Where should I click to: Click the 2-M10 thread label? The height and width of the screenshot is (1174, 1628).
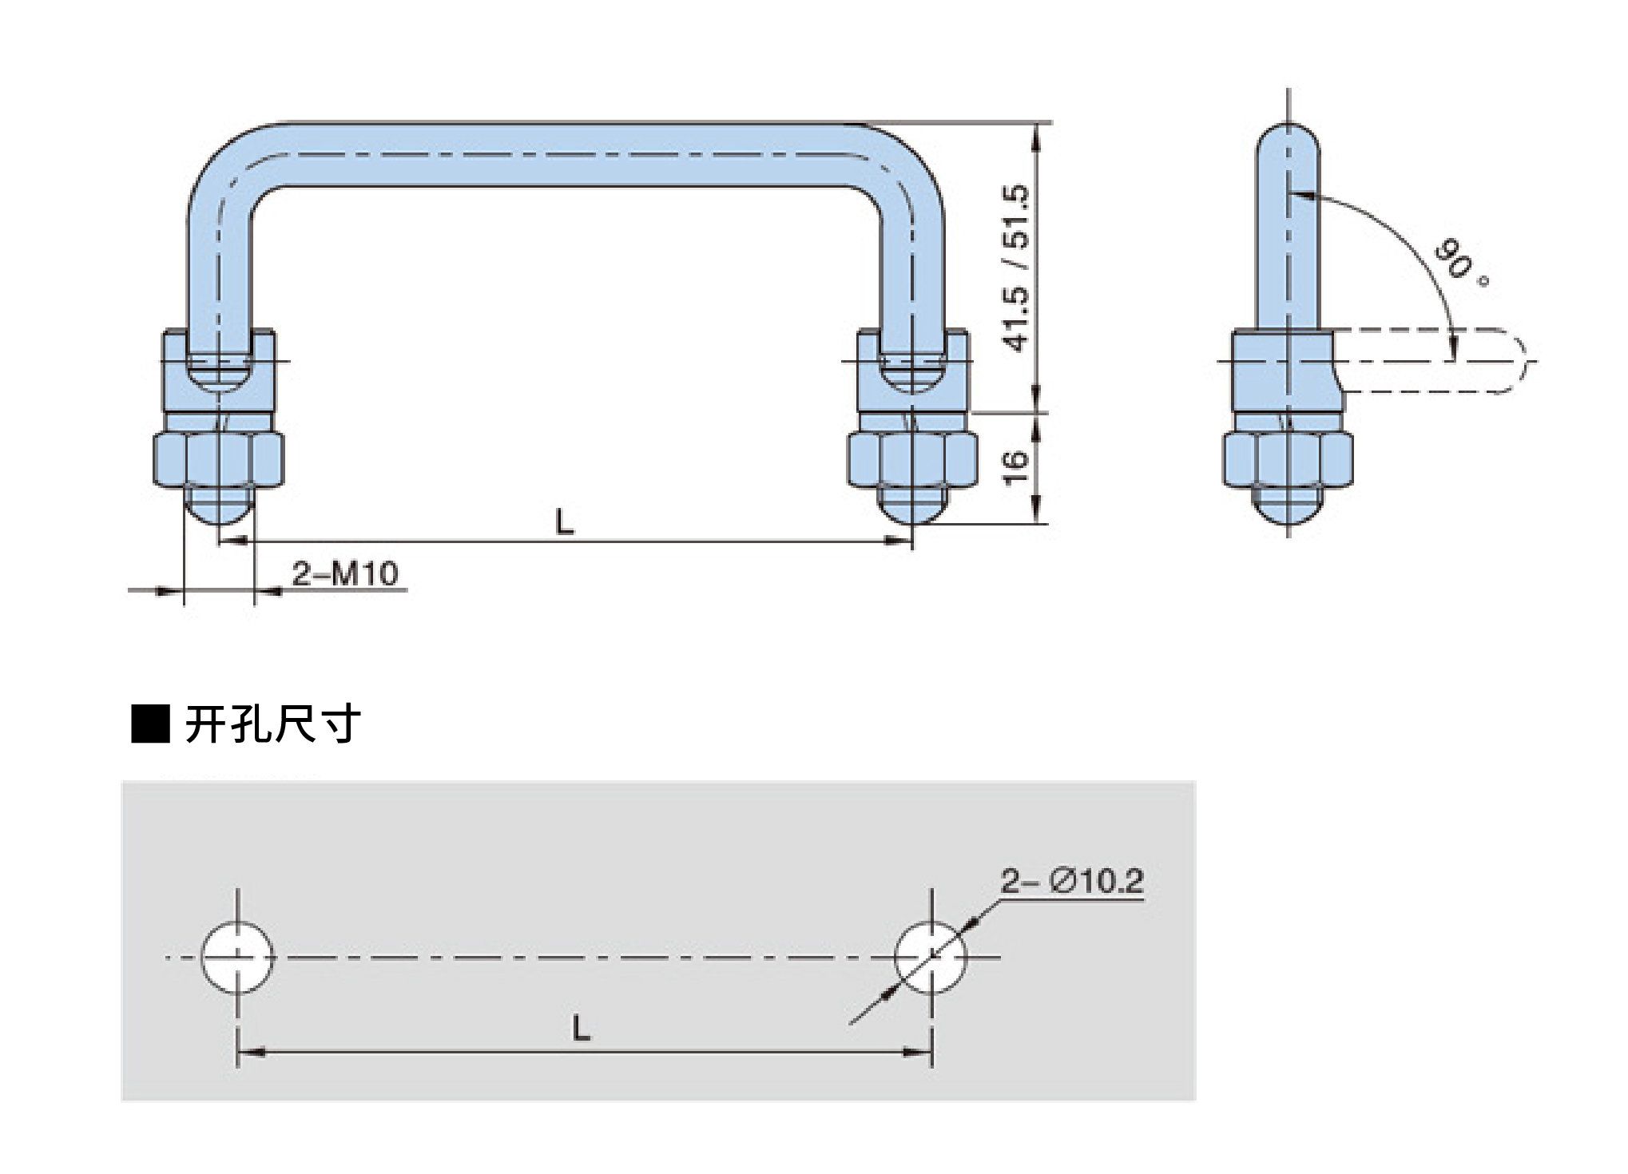[x=345, y=573]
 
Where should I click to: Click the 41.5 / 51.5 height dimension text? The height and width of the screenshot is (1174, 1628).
[x=1017, y=268]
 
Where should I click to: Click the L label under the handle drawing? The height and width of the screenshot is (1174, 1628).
[x=565, y=522]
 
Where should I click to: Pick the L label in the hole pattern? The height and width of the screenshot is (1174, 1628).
[x=582, y=1028]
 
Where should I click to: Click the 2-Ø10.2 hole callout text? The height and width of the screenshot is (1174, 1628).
[x=1072, y=882]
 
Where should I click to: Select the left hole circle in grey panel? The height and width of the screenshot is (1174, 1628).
[x=237, y=957]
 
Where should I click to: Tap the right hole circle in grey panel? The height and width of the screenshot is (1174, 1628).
[x=931, y=957]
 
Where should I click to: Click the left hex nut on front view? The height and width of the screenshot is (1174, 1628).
[x=219, y=459]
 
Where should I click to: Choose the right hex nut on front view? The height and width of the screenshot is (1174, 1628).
[x=912, y=459]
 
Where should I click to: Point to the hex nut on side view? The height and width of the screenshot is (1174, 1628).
[x=1288, y=459]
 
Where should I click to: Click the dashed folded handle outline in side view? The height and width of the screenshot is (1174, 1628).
[x=1438, y=361]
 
